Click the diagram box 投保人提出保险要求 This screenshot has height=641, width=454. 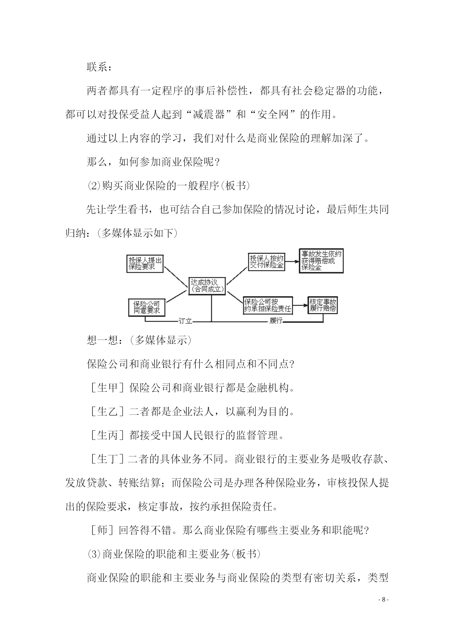click(x=145, y=263)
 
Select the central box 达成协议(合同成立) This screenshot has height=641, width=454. click(x=207, y=286)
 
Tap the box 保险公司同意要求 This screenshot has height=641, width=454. click(x=147, y=307)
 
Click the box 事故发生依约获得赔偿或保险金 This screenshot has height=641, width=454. click(x=321, y=261)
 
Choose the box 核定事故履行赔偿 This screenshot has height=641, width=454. click(x=323, y=305)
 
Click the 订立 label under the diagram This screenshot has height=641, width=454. click(x=185, y=321)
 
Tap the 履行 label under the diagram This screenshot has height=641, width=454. click(x=276, y=321)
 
